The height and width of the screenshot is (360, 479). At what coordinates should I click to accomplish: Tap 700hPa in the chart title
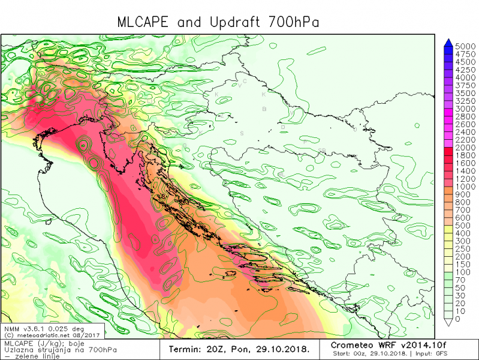pos(290,22)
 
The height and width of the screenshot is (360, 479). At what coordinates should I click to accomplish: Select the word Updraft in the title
pos(233,22)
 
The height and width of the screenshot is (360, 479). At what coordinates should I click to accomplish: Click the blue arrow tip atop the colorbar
pos(448,41)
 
